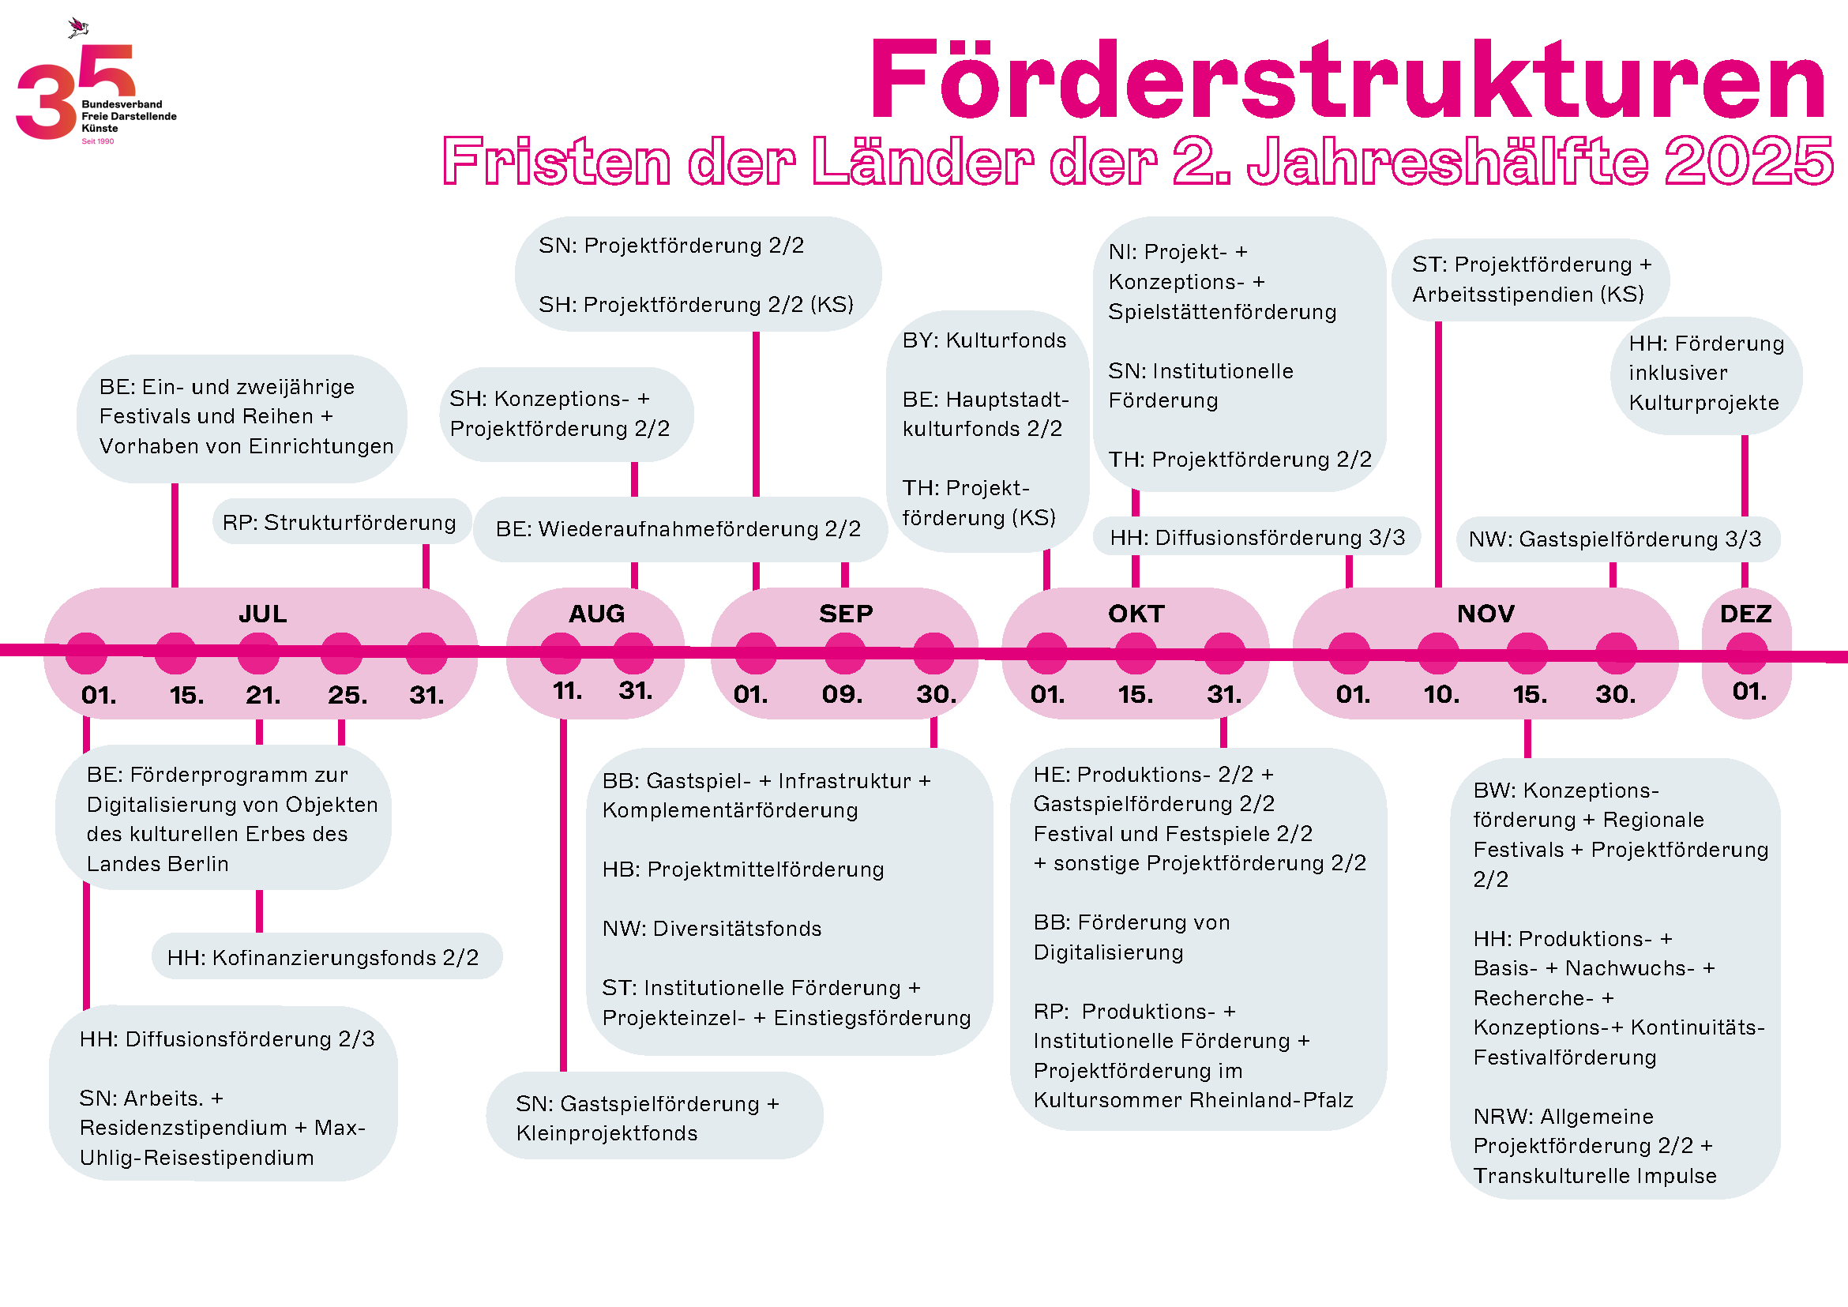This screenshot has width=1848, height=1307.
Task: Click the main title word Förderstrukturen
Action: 1348,81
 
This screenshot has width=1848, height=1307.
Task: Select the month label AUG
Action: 596,614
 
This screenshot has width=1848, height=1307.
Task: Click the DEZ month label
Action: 1746,614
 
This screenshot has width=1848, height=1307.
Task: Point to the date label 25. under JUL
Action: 347,694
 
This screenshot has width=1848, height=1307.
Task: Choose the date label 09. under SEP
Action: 842,693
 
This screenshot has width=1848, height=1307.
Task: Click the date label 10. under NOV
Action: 1440,693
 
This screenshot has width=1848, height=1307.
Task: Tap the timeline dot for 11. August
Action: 561,652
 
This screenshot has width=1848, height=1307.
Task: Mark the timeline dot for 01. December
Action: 1746,652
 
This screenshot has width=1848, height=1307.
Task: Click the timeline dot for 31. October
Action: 1224,652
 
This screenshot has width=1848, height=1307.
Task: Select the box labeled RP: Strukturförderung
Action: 340,522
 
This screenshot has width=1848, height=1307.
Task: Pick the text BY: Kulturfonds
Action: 983,340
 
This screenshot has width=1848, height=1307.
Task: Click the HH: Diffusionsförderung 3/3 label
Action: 1256,538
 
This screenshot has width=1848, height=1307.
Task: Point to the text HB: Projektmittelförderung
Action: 743,869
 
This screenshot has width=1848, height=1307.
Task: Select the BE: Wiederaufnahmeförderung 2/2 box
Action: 678,529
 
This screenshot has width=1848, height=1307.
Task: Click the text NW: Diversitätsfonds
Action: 712,929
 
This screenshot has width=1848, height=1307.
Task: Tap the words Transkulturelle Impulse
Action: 1594,1176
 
